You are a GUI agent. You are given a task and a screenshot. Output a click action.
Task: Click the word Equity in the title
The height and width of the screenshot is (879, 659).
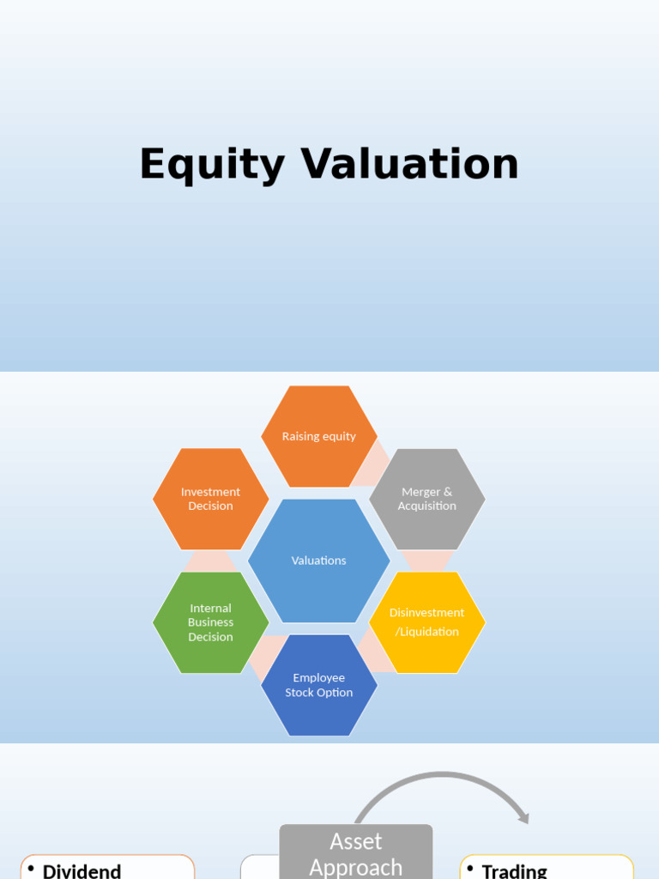(x=211, y=165)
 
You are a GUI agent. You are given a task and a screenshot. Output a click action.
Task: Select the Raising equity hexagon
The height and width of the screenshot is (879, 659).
(x=319, y=436)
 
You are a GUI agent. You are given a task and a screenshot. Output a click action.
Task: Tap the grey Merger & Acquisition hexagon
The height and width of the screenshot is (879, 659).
(x=427, y=499)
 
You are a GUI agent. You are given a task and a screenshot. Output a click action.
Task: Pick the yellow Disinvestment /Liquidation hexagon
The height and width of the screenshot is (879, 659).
(x=427, y=622)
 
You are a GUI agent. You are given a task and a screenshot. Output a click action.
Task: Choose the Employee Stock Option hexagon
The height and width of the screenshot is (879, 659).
(x=319, y=685)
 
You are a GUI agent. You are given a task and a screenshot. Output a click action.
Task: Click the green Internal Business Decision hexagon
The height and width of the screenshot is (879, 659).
(x=210, y=622)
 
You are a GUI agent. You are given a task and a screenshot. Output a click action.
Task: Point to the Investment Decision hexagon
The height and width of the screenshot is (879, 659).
(x=210, y=499)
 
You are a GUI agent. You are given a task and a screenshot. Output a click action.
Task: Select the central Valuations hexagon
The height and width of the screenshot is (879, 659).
(x=319, y=561)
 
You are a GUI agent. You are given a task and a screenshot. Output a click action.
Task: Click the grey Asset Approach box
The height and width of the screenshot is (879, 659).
(x=356, y=852)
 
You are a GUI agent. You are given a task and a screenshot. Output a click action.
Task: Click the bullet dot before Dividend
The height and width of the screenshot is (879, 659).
(x=32, y=869)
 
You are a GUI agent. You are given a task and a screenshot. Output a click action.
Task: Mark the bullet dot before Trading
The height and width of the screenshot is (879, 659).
(x=470, y=869)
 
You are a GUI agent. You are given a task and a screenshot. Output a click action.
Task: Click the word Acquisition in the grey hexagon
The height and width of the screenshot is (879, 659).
(x=427, y=506)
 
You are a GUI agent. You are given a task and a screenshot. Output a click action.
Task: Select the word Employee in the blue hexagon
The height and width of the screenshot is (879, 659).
(x=319, y=678)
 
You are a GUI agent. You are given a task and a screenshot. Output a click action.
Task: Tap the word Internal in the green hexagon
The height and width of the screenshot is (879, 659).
(x=210, y=609)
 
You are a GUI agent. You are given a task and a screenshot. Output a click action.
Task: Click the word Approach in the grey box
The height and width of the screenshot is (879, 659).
(x=356, y=867)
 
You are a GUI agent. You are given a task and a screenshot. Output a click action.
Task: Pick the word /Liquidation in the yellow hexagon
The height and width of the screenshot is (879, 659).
(x=427, y=632)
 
